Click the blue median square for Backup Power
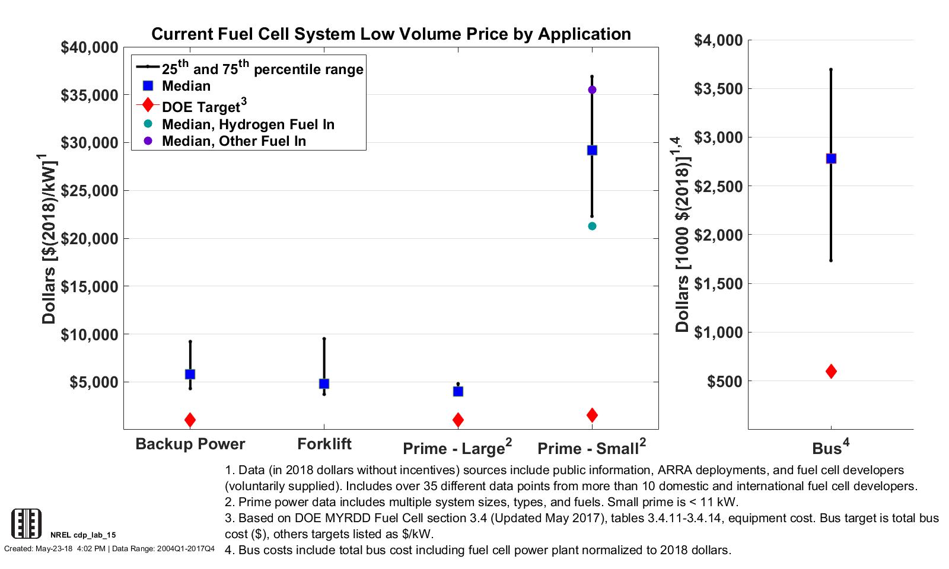[190, 374]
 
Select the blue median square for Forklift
[324, 383]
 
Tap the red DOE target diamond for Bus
[831, 371]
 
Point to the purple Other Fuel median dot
[592, 89]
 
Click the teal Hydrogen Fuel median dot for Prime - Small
[592, 226]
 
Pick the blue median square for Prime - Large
[458, 391]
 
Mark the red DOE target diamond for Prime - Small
[592, 415]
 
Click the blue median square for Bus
[831, 158]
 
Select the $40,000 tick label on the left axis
[89, 47]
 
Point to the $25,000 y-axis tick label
[89, 191]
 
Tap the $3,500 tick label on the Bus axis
[718, 89]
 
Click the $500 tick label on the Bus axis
[725, 381]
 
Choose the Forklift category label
[324, 444]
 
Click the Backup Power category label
[190, 444]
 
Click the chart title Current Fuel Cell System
[391, 34]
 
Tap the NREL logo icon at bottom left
[27, 523]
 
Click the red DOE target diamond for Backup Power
[190, 420]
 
